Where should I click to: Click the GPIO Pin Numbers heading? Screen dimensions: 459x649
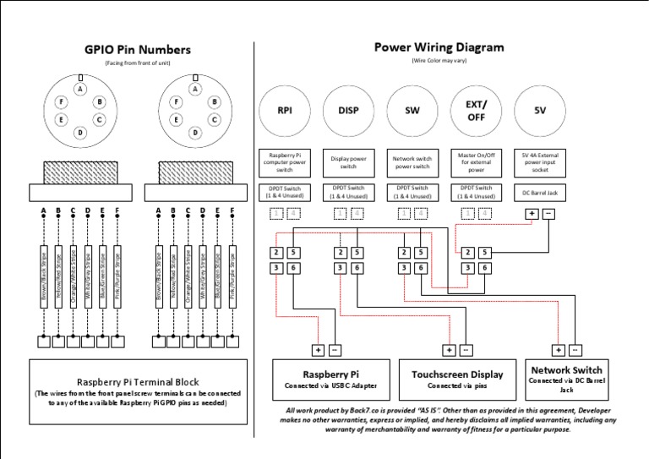point(138,50)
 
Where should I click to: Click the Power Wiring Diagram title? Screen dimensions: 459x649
point(439,47)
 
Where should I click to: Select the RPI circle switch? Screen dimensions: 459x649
point(284,111)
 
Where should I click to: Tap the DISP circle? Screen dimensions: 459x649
point(348,111)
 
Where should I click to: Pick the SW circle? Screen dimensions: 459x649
point(412,111)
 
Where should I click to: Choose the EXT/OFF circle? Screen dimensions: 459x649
point(477,111)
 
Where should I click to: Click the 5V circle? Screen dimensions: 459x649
point(541,111)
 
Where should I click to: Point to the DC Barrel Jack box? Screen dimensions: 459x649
point(541,192)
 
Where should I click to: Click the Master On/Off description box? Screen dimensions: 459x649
point(477,161)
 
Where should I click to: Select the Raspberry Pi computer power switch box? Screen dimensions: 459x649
point(284,161)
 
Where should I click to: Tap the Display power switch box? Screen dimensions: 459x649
point(348,161)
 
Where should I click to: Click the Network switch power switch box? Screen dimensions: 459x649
point(412,161)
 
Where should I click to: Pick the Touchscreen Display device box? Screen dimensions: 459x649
point(457,379)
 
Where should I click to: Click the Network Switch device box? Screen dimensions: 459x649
point(565,376)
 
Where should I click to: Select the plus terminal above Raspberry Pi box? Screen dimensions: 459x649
point(319,349)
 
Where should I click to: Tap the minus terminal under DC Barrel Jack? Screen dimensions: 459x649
point(548,214)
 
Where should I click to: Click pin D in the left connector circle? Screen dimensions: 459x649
point(79,133)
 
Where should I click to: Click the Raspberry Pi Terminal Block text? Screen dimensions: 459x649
point(138,381)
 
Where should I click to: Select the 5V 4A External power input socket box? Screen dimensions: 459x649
point(541,161)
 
